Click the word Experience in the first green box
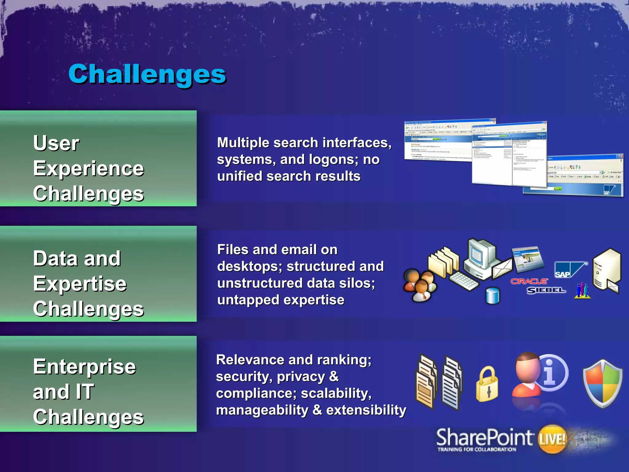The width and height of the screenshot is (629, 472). point(88,169)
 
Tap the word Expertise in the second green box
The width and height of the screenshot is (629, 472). point(80,284)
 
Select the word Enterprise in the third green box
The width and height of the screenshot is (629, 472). point(84,367)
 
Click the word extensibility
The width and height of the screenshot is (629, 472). point(366,410)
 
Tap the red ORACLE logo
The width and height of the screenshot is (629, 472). point(529,281)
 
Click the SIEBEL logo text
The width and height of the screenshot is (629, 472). point(546,290)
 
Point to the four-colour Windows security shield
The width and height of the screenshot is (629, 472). point(603,383)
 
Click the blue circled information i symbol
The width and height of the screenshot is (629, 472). point(551,372)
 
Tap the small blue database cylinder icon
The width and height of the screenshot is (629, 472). point(493,296)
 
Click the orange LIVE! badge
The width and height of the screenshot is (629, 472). point(552,439)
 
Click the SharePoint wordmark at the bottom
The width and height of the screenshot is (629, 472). point(484,438)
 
